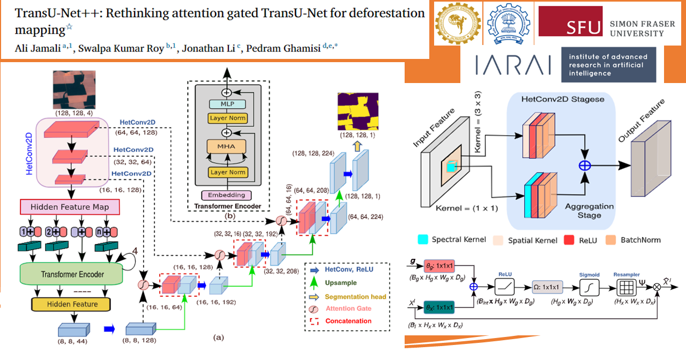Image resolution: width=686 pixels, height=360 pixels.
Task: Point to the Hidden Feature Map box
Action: coord(69,207)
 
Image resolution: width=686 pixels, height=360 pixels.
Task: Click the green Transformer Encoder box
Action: coord(69,274)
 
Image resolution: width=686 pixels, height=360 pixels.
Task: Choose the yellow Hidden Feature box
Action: coord(70,304)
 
